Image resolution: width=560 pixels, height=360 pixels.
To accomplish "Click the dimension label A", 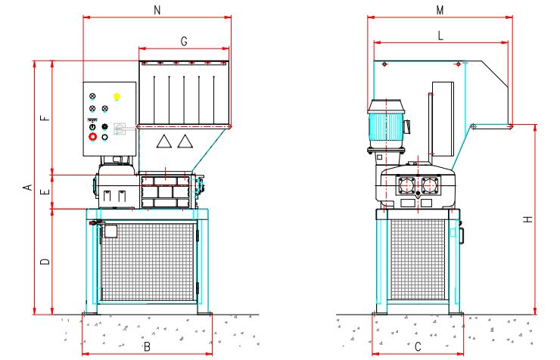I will tap(25, 187).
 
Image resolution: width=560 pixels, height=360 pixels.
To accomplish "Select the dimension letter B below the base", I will tap(147, 346).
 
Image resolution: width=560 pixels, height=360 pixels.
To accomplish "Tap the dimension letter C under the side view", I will tap(418, 346).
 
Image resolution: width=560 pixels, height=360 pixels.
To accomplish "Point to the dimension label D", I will tap(45, 262).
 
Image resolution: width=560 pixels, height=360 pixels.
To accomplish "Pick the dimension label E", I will tap(45, 194).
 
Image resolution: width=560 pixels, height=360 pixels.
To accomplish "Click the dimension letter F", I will tap(45, 118).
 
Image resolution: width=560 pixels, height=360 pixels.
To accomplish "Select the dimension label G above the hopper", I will tap(184, 39).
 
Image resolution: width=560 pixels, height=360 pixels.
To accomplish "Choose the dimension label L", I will tap(440, 36).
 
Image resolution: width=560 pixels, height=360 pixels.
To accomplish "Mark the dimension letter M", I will tap(440, 10).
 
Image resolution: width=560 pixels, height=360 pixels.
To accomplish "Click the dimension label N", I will tap(157, 10).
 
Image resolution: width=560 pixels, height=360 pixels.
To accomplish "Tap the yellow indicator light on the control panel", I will tap(117, 97).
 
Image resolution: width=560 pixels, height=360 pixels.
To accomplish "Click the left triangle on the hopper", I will tap(163, 141).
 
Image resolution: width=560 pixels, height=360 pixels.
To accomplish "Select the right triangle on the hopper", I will tap(185, 141).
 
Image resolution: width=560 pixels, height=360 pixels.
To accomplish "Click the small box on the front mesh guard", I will tap(110, 231).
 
